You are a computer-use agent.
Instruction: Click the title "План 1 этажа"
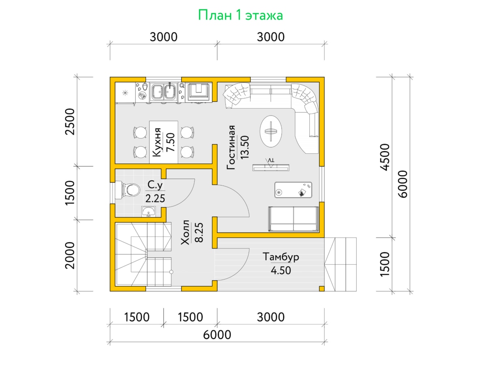[240, 15]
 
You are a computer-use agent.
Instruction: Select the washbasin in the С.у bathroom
[149, 211]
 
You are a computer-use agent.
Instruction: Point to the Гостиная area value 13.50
[245, 147]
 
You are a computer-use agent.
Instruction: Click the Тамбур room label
[281, 257]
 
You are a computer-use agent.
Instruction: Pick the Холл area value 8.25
[199, 232]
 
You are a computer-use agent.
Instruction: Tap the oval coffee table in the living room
[271, 131]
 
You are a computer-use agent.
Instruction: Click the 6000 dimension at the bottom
[217, 335]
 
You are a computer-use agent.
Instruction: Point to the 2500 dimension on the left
[70, 122]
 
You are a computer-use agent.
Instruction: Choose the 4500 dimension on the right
[385, 157]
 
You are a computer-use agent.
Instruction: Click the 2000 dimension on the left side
[70, 255]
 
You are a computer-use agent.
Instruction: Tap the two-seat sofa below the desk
[294, 219]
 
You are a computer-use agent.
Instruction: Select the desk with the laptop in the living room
[293, 190]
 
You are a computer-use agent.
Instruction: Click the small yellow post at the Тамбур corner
[322, 288]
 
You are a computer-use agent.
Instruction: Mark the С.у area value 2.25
[155, 198]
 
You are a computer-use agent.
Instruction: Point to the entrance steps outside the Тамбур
[340, 264]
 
